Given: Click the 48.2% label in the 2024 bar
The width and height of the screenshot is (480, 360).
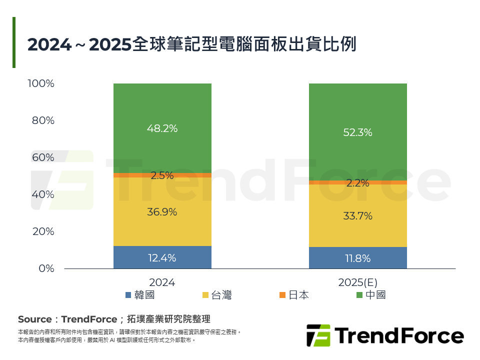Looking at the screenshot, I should [x=162, y=128].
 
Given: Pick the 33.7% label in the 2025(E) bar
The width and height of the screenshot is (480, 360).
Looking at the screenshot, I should [x=357, y=216].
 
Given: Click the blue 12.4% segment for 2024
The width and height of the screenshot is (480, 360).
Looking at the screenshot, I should [x=162, y=258].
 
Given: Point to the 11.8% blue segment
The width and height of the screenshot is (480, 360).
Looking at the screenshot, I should [x=357, y=258].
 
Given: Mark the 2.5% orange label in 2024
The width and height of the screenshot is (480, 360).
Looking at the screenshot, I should [x=162, y=175].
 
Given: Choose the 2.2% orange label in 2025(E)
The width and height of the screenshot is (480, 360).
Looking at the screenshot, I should [x=357, y=183].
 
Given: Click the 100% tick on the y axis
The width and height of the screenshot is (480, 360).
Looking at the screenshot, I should [x=41, y=83].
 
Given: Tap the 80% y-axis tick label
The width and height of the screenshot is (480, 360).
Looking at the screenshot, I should [x=43, y=120].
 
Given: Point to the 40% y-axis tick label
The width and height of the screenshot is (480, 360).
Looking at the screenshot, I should [x=43, y=194].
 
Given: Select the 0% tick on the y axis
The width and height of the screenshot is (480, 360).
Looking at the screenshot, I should [x=46, y=268].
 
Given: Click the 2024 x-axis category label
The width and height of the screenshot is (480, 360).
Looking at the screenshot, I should [x=162, y=282].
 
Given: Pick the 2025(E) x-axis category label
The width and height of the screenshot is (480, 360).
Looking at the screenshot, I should [x=357, y=282].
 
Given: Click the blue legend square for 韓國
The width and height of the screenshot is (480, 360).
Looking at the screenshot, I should [x=128, y=295].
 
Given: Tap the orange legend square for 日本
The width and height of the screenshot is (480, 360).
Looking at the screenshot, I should [x=282, y=295].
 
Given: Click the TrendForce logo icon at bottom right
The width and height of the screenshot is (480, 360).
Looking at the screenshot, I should [x=318, y=335].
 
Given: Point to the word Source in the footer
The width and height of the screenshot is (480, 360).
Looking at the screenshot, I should [x=34, y=319].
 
